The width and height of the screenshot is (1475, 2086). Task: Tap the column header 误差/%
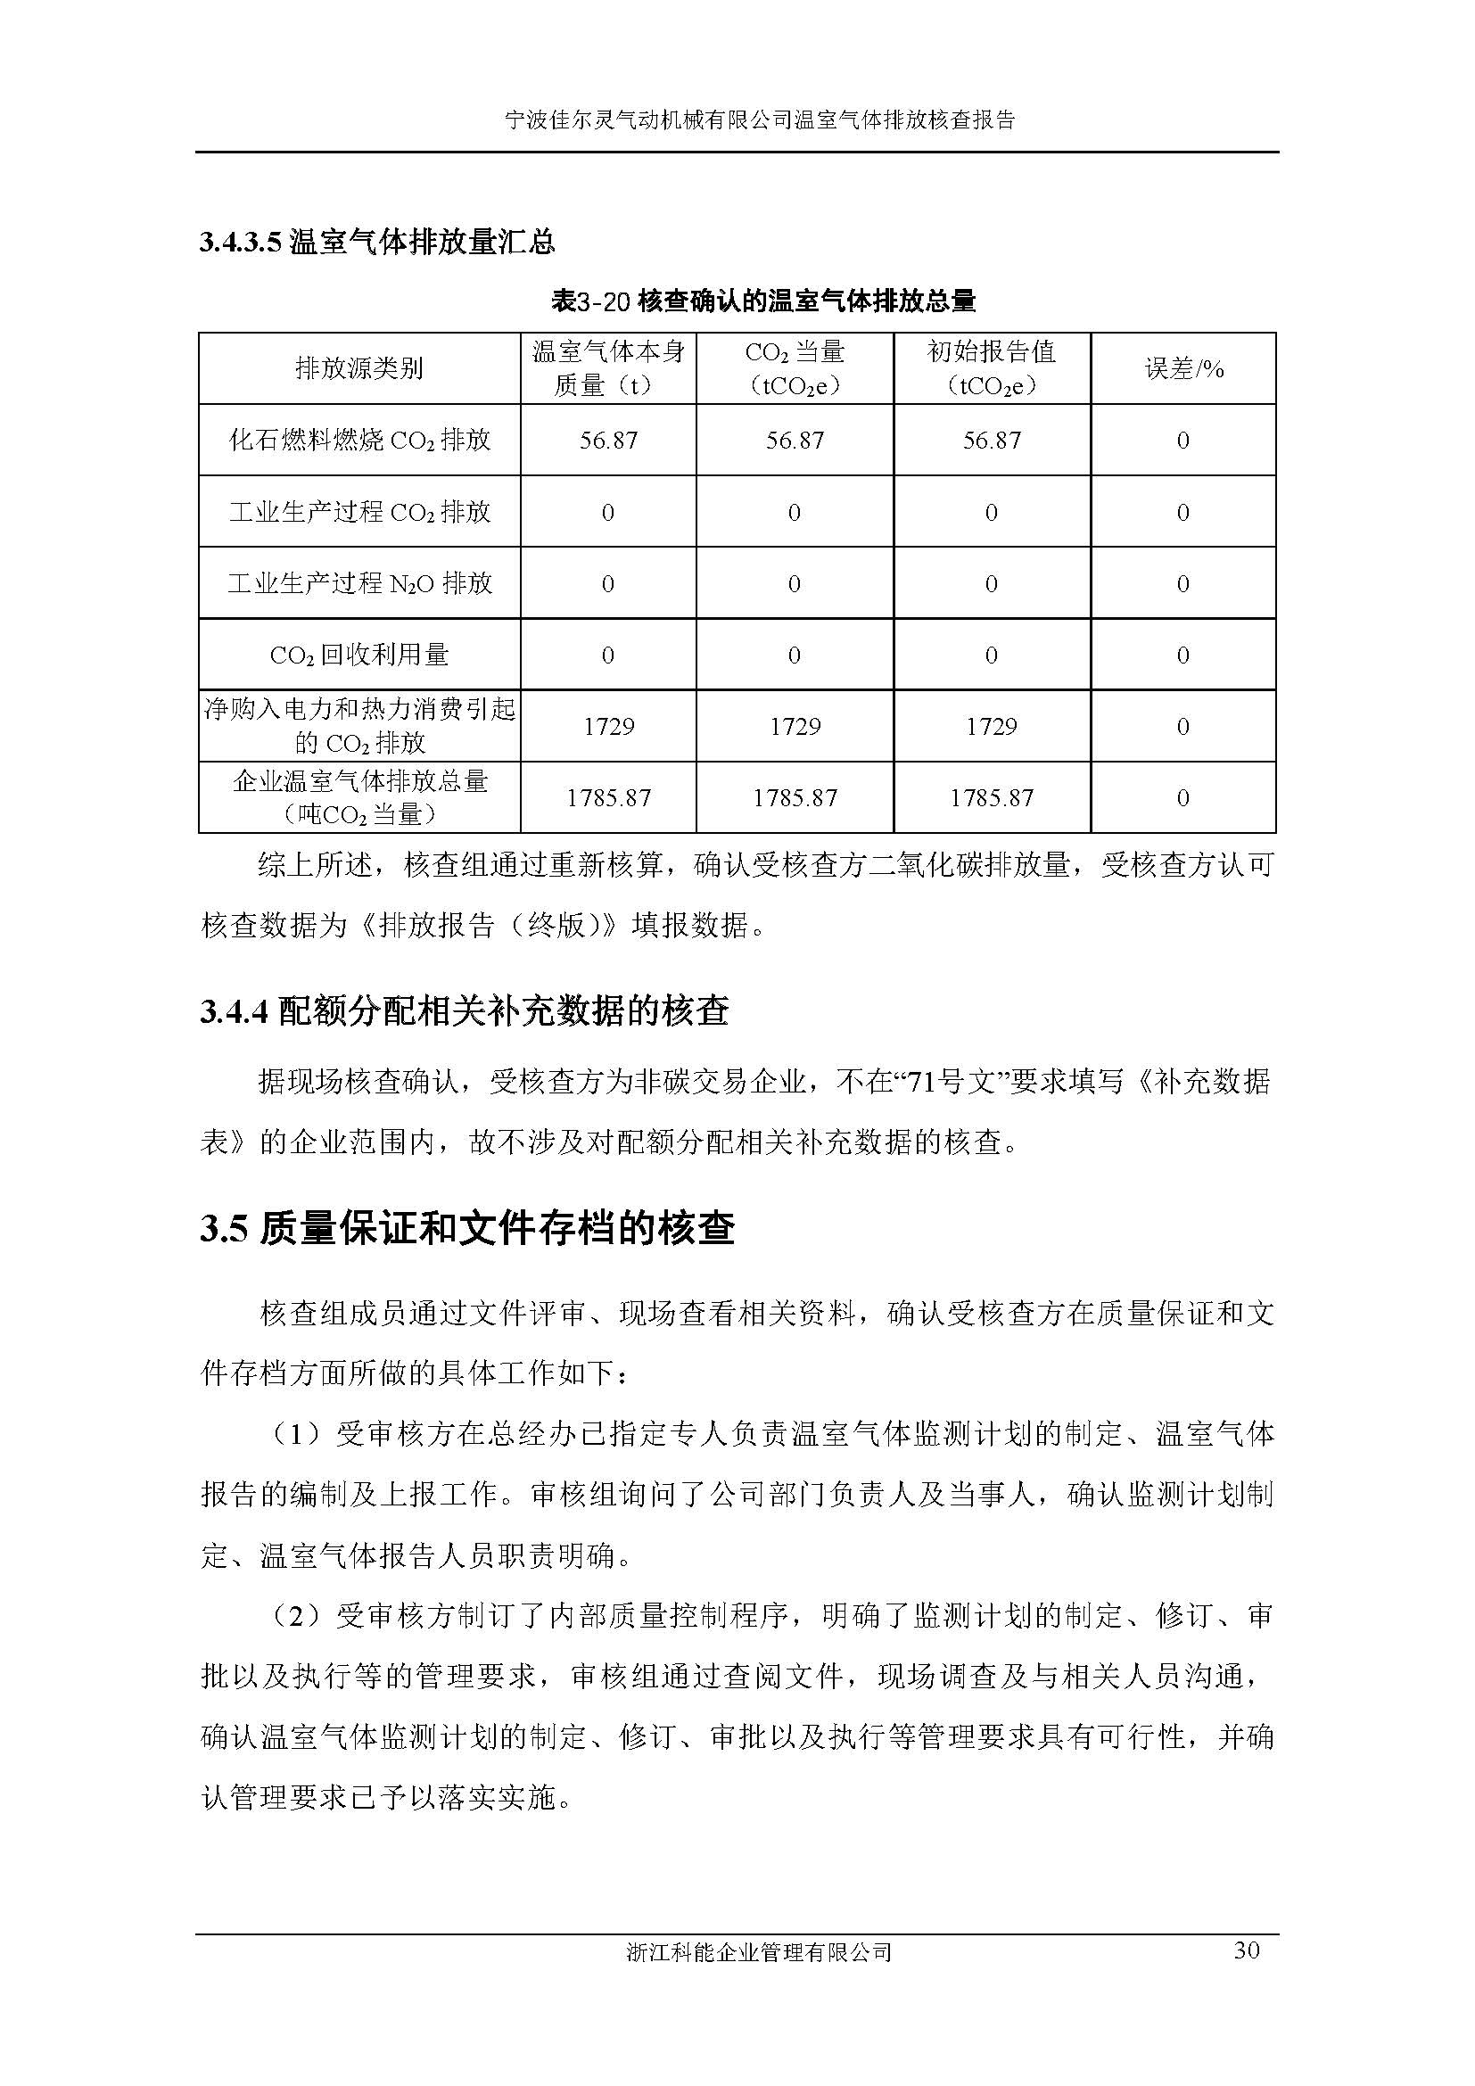tap(1183, 369)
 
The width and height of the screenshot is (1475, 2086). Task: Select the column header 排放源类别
tap(358, 369)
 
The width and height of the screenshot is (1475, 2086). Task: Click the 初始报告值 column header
tap(991, 368)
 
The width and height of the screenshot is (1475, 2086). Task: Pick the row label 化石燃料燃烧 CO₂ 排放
tap(358, 441)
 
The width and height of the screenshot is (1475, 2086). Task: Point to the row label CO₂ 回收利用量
tap(358, 655)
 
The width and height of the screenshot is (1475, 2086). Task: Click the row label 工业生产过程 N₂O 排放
tap(358, 583)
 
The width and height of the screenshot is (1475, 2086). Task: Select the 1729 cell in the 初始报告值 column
tap(991, 727)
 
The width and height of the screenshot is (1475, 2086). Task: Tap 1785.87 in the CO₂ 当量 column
tap(795, 798)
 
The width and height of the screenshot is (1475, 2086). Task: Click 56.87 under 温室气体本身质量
tap(607, 441)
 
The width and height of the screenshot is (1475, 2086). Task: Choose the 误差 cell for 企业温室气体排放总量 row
tap(1182, 798)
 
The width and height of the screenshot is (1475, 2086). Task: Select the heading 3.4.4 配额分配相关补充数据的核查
tap(464, 1011)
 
